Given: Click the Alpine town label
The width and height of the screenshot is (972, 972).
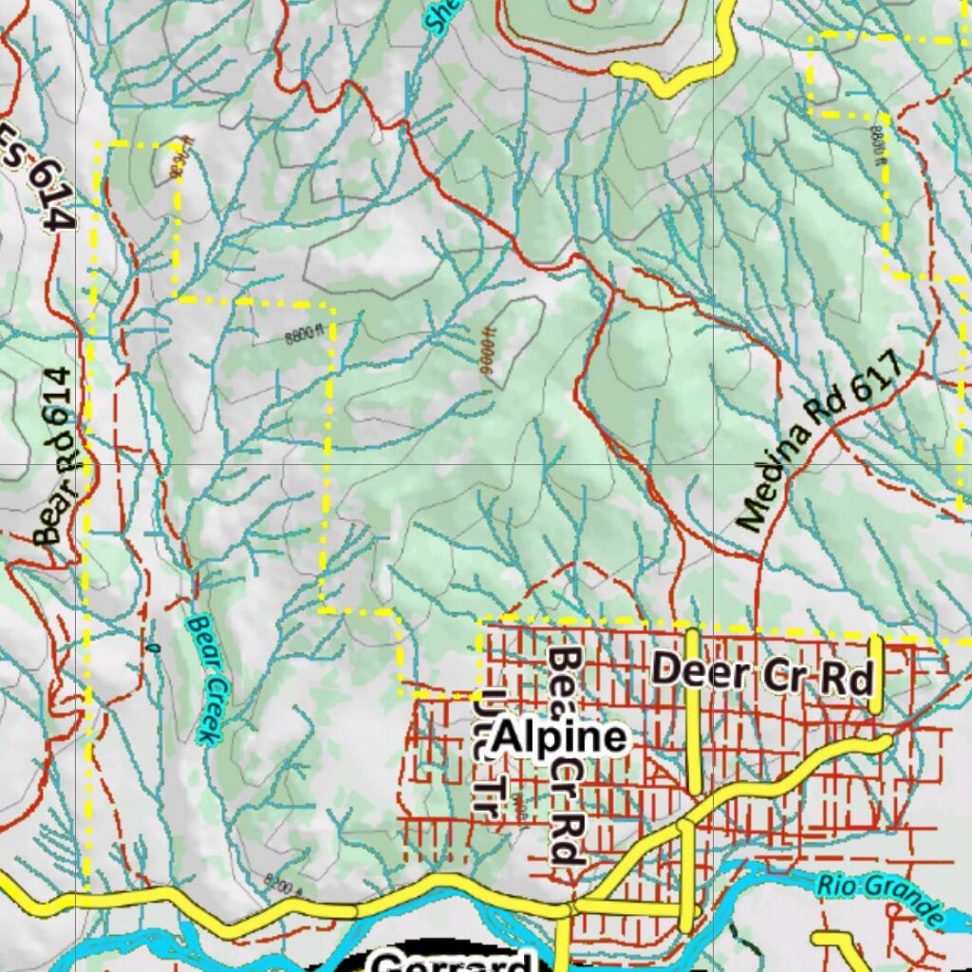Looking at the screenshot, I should (560, 738).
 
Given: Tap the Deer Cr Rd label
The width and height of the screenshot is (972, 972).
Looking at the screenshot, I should (762, 673).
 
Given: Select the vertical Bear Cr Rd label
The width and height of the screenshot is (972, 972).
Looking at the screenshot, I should (567, 756).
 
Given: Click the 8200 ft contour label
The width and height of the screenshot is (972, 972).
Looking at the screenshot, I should (281, 888).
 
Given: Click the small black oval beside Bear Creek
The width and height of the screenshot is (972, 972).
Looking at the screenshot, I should (153, 648).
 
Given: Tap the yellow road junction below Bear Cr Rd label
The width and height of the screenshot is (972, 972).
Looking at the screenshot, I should (568, 908).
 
